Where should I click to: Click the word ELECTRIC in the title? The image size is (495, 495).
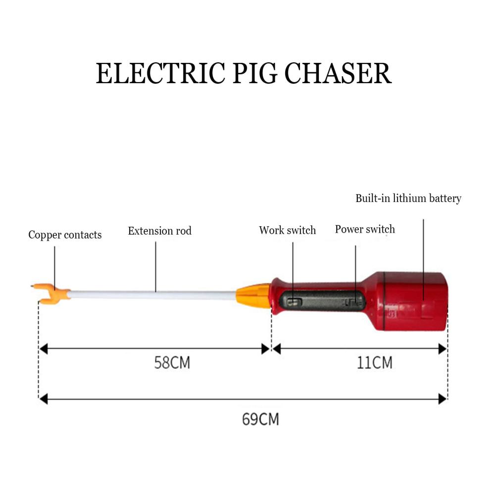pos(160,73)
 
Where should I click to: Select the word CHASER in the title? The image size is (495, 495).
pos(338,73)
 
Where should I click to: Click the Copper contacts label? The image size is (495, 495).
pos(65,235)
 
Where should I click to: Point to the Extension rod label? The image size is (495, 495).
pos(160,231)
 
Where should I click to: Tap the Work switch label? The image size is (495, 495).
pos(287,230)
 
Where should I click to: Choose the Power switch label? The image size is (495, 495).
pos(365,229)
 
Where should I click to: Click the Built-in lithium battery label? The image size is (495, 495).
pos(408,198)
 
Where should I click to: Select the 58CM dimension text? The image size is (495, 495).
pos(172,362)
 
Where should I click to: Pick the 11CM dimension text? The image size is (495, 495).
pos(375,362)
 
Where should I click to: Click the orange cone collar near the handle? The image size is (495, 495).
pos(253,296)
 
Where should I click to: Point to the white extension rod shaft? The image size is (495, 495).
pos(153,295)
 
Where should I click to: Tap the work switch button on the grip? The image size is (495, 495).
pos(294,302)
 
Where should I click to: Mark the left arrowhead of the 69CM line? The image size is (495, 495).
pos(43,399)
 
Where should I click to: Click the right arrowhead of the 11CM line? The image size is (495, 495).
pos(443,349)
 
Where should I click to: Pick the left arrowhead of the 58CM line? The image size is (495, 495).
pos(43,349)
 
